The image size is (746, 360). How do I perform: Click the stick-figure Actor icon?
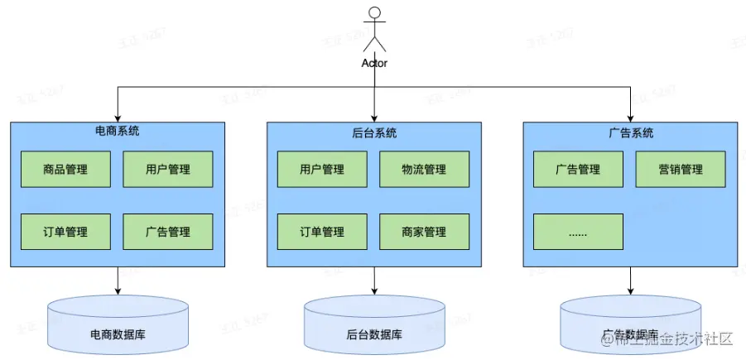(375, 30)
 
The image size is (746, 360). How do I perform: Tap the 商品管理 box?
(65, 170)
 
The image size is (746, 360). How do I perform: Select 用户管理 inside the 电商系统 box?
(168, 170)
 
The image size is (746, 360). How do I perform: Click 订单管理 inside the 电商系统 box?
(65, 232)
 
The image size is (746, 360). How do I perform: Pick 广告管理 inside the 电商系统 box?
(168, 232)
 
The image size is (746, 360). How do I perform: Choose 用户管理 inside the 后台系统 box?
(322, 170)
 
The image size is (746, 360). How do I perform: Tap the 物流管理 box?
(424, 170)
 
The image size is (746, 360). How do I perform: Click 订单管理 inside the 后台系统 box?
(322, 232)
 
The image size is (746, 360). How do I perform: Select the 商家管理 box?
(424, 232)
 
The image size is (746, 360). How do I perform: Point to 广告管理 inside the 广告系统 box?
(578, 170)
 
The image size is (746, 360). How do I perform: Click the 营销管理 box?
(681, 170)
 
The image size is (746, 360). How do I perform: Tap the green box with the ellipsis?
(578, 232)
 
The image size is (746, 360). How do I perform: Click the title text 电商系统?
(118, 132)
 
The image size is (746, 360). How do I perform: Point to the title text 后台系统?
(374, 132)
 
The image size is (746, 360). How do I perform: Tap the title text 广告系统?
(631, 132)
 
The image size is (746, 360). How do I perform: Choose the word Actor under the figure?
(375, 63)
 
